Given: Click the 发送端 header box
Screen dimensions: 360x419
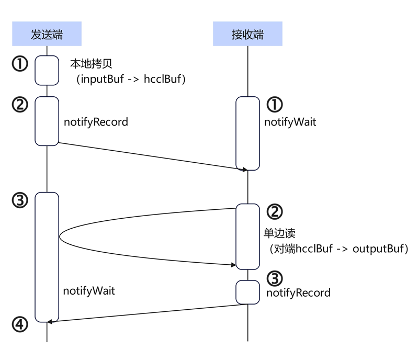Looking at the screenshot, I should [x=47, y=35].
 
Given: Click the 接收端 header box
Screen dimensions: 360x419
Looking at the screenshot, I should [x=247, y=35].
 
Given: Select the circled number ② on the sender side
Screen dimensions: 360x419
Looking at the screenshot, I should [x=19, y=105].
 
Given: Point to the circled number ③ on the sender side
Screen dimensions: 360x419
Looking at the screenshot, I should [x=19, y=200].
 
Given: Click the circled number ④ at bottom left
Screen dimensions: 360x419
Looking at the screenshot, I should [x=19, y=324].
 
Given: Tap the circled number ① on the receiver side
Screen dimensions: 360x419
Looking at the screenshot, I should [x=275, y=105].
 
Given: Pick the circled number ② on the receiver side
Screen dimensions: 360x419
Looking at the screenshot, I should [x=275, y=211].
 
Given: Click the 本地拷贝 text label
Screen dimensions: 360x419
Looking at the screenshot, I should [x=92, y=64].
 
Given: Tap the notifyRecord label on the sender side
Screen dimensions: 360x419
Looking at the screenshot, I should [x=96, y=122].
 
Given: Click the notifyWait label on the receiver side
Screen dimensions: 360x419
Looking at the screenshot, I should [x=290, y=123].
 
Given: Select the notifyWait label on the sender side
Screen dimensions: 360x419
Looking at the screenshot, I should [x=89, y=290].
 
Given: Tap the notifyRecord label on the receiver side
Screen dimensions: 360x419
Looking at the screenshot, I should [x=298, y=292].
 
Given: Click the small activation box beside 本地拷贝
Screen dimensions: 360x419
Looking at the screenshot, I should [x=47, y=70].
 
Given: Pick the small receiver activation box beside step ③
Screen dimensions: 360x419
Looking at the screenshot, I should [x=247, y=292].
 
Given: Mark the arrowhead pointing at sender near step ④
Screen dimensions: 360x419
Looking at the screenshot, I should [x=50, y=321].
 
